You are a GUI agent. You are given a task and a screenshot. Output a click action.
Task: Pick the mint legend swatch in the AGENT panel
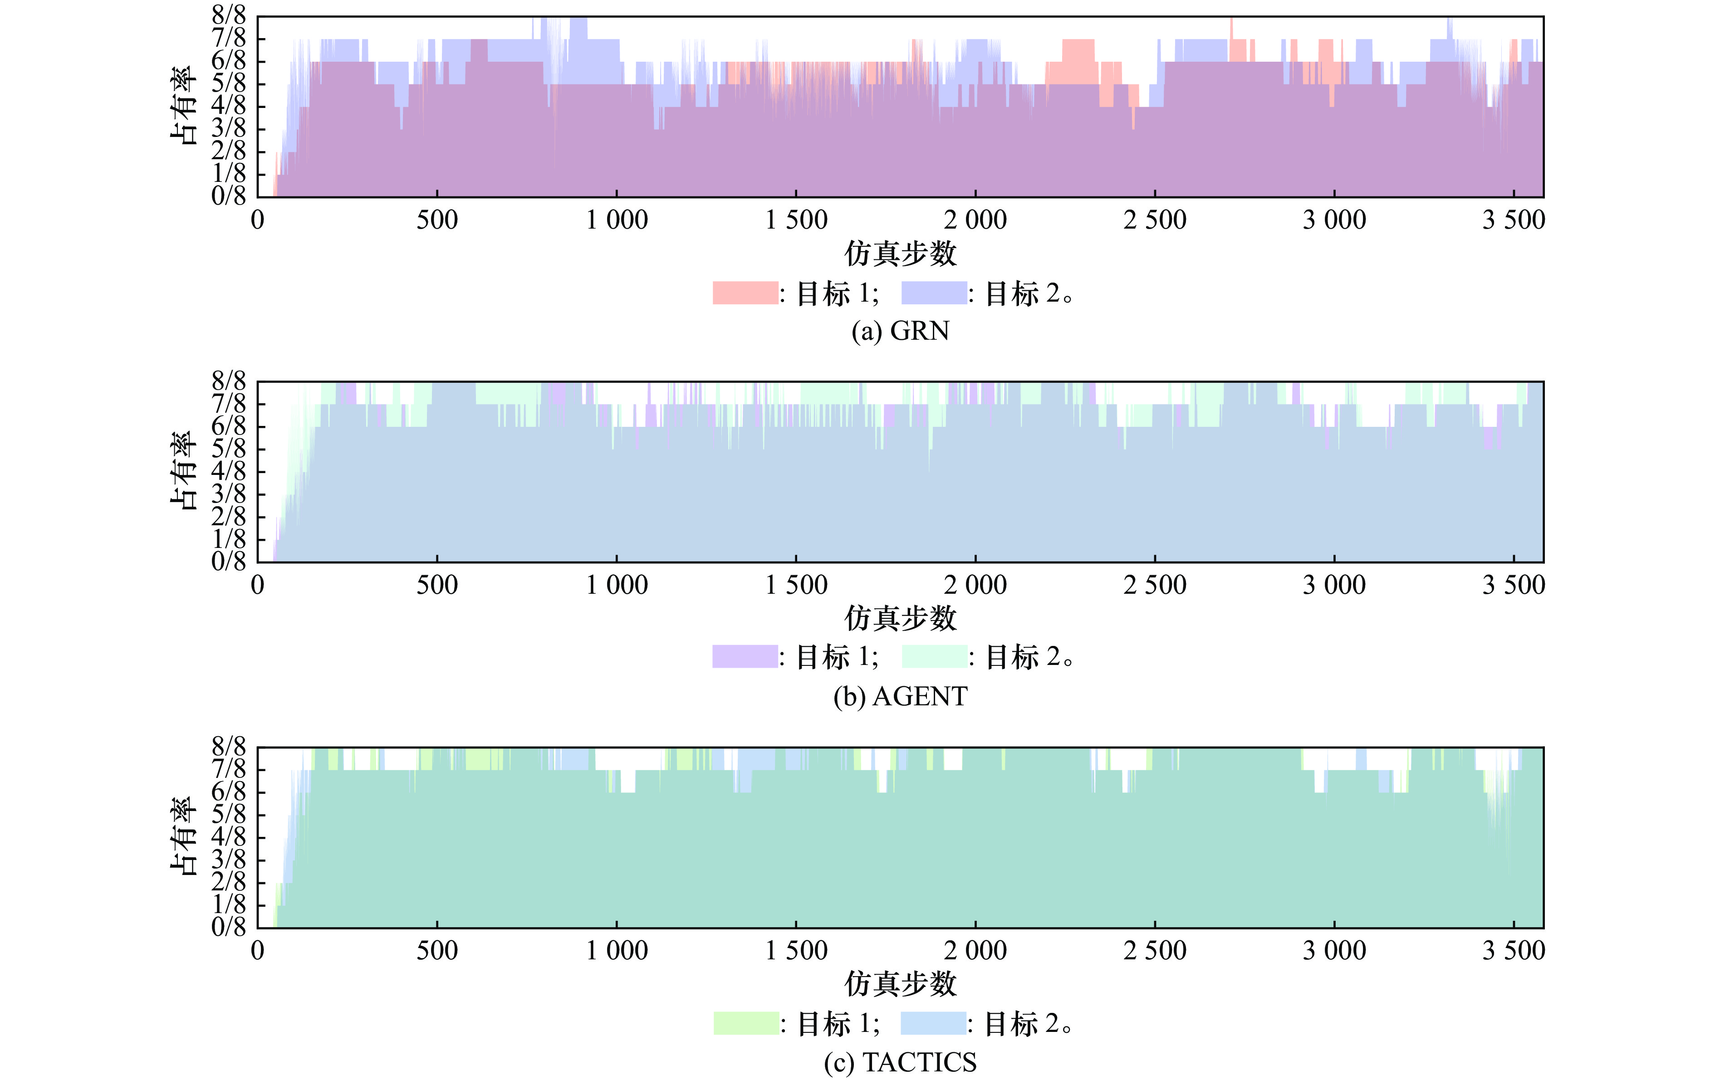(x=934, y=656)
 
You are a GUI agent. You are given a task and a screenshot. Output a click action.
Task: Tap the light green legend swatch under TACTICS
(x=746, y=1023)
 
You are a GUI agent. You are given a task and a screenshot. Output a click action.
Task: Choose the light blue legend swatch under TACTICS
(x=933, y=1023)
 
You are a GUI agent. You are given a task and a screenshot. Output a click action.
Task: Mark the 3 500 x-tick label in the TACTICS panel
(x=1514, y=950)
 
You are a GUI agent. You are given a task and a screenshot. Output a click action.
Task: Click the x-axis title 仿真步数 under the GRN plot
(x=900, y=254)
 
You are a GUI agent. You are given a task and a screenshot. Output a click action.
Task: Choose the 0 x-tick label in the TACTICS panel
(x=257, y=950)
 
